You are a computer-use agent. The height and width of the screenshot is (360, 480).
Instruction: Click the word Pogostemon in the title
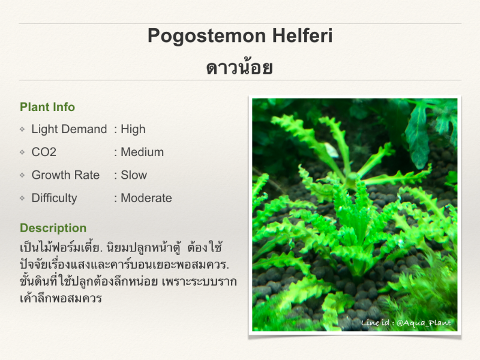point(206,37)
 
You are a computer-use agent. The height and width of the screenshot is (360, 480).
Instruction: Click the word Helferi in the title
point(302,35)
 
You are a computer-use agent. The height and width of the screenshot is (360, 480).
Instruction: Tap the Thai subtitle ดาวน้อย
point(239,67)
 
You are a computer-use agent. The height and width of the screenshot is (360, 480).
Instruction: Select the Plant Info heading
point(47,107)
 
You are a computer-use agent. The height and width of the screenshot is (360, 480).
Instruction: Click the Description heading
point(53,228)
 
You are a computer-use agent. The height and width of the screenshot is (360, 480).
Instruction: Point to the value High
point(133,130)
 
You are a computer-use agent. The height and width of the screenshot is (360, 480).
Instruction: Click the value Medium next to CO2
point(142,152)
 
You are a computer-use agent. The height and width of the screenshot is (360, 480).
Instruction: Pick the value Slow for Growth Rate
point(134,175)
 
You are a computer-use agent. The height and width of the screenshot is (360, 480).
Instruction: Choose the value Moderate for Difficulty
point(146,198)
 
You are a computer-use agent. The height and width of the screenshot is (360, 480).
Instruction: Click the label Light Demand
point(69,130)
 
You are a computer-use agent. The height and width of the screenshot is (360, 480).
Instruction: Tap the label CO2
point(44,152)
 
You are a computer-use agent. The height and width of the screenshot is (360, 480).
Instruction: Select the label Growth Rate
point(65,175)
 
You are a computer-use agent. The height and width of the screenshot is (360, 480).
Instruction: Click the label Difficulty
point(54,199)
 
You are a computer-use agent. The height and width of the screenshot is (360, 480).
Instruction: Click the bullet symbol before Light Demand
point(22,129)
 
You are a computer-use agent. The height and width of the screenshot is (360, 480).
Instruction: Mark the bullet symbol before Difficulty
point(22,198)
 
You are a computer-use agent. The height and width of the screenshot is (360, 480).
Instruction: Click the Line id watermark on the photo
point(406,323)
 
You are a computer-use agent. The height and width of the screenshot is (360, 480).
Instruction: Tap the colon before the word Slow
point(116,176)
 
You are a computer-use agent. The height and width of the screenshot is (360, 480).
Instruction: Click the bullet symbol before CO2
point(22,152)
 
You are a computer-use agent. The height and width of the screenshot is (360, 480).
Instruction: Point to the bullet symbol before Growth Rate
point(22,175)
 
